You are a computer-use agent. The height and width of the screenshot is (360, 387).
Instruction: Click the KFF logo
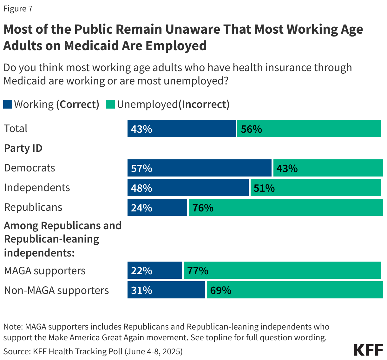[368, 350]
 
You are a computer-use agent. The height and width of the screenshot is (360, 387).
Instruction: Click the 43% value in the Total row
[141, 129]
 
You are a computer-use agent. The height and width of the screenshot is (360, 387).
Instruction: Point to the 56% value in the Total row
[251, 129]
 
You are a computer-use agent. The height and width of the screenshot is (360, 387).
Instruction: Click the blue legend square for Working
[8, 104]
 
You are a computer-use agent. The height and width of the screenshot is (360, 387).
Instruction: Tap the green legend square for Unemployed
[110, 104]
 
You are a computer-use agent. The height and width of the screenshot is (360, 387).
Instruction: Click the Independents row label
[37, 188]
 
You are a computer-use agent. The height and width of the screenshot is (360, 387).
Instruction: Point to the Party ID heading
[23, 148]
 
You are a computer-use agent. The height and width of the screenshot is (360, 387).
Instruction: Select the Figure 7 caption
[18, 9]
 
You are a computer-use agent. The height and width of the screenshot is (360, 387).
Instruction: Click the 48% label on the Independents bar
[141, 188]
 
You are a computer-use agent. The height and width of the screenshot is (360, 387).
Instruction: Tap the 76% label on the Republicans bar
[203, 208]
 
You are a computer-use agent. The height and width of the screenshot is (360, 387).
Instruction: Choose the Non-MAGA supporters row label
[56, 290]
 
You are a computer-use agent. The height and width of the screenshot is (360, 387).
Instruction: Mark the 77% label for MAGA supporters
[198, 270]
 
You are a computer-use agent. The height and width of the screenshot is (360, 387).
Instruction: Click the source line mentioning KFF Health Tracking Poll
[93, 351]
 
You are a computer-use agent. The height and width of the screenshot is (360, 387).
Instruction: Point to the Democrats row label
[30, 168]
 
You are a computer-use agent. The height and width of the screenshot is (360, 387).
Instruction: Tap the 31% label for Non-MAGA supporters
[141, 290]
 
